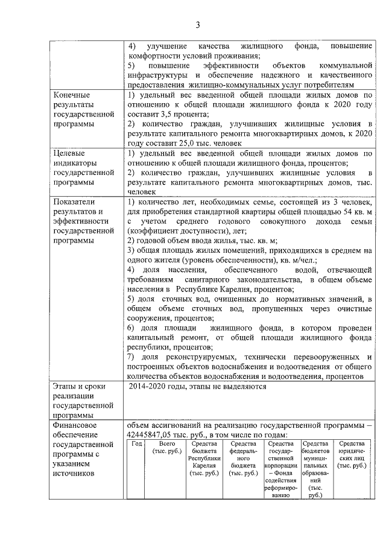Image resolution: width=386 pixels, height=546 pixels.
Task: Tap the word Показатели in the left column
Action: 75,202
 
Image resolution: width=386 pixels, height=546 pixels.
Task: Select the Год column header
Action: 136,443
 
